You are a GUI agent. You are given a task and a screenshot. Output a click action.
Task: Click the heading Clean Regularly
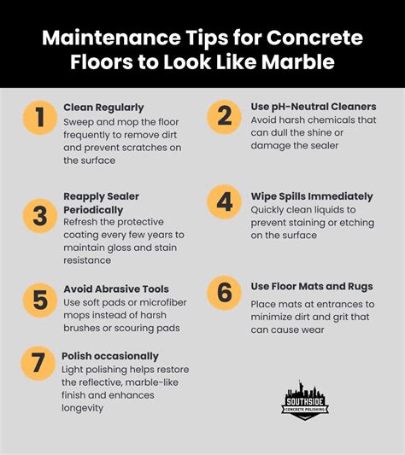click(x=103, y=108)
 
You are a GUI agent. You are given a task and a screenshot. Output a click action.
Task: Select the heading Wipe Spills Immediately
click(x=312, y=196)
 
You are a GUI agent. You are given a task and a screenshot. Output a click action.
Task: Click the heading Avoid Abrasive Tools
click(x=116, y=289)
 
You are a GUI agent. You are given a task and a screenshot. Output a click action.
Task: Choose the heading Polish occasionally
click(x=110, y=355)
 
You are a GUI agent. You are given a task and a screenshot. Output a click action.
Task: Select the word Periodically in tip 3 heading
click(x=93, y=209)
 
